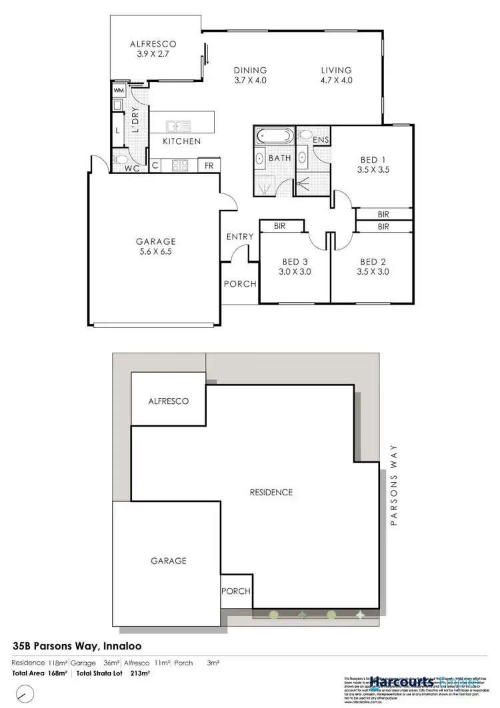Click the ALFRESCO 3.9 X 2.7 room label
(x=152, y=49)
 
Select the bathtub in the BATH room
(x=273, y=137)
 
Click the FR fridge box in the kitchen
(x=209, y=165)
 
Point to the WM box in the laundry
(x=119, y=90)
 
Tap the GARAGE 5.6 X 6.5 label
(x=156, y=246)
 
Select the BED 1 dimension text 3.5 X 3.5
(x=374, y=170)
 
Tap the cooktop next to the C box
(x=179, y=165)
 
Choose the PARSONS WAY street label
(x=394, y=485)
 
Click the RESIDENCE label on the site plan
(x=271, y=493)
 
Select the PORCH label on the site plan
(x=236, y=591)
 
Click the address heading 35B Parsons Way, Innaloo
(x=77, y=646)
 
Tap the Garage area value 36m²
(x=111, y=663)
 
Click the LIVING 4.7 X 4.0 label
(x=336, y=75)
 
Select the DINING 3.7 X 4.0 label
(x=250, y=75)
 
